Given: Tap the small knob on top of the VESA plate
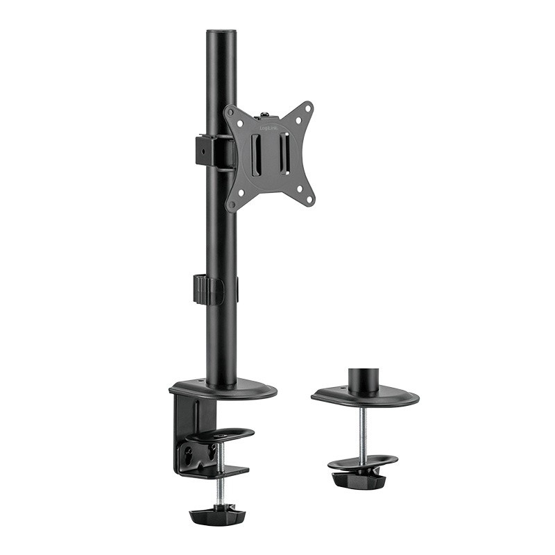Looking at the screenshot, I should coord(264,110).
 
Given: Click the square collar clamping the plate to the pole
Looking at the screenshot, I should coord(208,151).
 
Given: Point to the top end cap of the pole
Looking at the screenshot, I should coord(221,31).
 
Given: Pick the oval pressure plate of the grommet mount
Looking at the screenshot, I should coord(362,462).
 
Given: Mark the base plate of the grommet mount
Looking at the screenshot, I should coord(365,398).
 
